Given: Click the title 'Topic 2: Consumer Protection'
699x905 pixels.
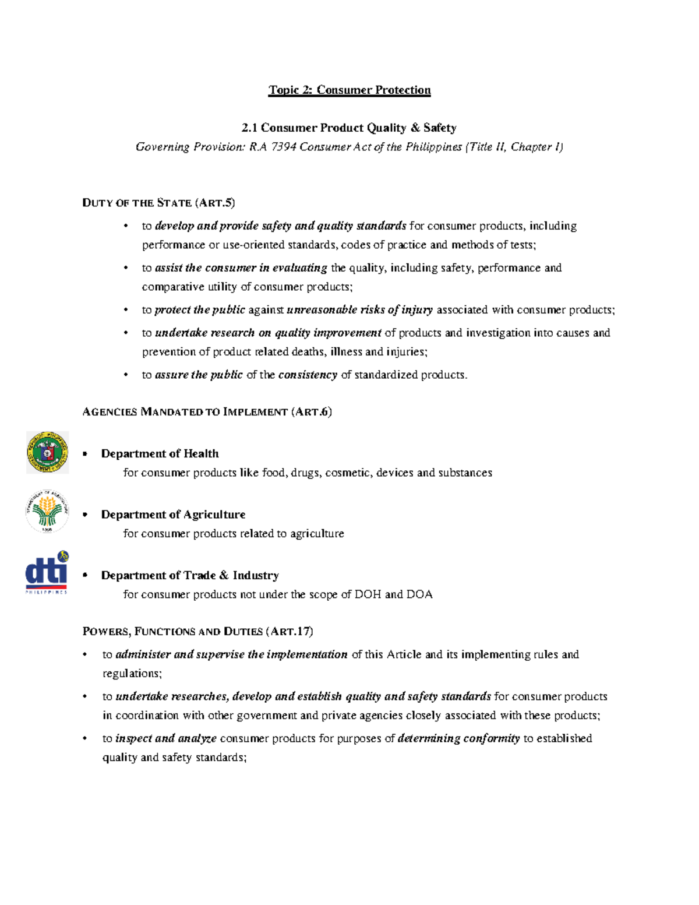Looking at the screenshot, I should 349,90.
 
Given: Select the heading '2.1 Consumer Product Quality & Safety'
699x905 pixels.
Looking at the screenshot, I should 349,128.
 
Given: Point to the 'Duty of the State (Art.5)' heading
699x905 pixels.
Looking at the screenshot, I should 158,203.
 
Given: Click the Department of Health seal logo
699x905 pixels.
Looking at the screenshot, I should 47,452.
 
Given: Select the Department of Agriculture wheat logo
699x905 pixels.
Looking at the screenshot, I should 47,511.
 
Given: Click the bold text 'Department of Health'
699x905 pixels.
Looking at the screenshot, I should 160,453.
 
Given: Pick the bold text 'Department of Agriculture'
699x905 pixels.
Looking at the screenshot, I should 173,515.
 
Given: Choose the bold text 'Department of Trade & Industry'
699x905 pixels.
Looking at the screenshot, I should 190,575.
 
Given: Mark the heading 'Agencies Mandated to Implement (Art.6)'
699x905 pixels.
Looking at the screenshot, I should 207,412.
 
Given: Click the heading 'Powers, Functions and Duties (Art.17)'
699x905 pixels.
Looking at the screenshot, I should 197,631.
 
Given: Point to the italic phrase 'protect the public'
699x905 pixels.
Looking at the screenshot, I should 200,310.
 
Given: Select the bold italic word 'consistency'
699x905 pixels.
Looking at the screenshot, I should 308,375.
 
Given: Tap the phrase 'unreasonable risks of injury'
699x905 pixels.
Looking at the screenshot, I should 359,310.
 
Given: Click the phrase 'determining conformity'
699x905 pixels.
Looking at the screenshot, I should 458,738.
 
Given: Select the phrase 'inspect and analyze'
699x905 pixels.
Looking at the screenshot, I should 166,738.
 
